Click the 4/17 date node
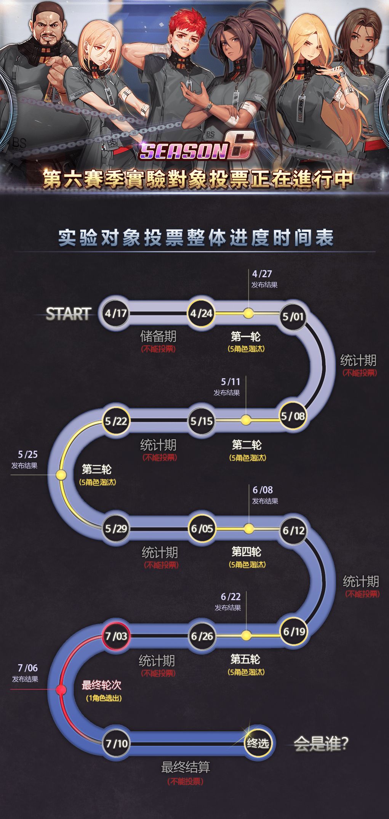(116, 313)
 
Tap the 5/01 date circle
(293, 316)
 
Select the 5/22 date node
(116, 421)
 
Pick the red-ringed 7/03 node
(116, 636)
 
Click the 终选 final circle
(258, 743)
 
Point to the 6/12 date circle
(293, 530)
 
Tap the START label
(69, 314)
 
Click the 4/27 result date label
(262, 274)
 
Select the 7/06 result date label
(28, 668)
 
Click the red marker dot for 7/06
(61, 689)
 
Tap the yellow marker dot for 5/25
(61, 475)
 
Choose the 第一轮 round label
(246, 337)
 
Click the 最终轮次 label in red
(101, 685)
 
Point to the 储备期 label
(158, 336)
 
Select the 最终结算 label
(186, 767)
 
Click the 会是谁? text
(321, 744)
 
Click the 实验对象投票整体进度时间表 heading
(196, 238)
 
